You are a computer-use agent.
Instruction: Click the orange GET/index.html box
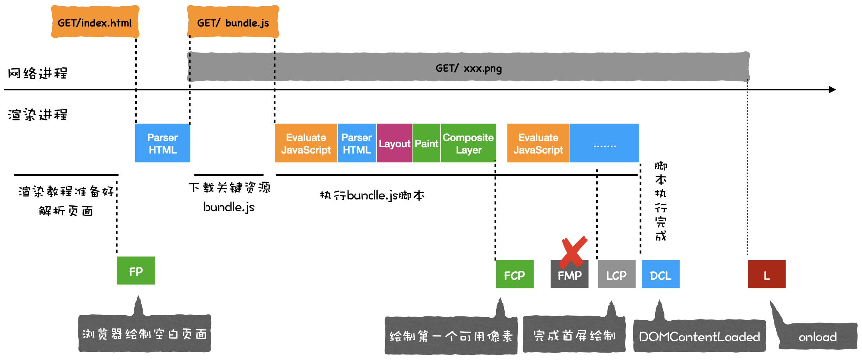[x=95, y=22]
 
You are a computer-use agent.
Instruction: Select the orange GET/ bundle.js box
[x=233, y=22]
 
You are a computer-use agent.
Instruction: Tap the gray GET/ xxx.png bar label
[x=468, y=68]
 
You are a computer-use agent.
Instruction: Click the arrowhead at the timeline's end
[x=832, y=90]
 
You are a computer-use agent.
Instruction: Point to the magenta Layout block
[x=394, y=143]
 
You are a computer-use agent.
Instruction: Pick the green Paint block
[x=426, y=143]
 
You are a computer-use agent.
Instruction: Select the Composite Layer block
[x=468, y=143]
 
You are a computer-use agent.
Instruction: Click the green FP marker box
[x=136, y=271]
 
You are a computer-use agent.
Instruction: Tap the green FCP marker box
[x=514, y=275]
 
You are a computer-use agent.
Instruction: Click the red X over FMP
[x=573, y=251]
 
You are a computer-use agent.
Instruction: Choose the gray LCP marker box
[x=616, y=275]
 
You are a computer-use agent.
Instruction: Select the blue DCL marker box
[x=660, y=275]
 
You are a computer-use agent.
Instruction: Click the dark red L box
[x=766, y=275]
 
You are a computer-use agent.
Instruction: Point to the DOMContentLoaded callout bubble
[x=699, y=336]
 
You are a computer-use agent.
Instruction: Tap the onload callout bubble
[x=818, y=336]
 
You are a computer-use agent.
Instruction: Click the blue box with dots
[x=604, y=143]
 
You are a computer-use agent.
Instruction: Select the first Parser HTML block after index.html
[x=163, y=143]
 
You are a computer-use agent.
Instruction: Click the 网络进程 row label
[x=37, y=73]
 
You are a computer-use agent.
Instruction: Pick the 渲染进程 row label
[x=37, y=115]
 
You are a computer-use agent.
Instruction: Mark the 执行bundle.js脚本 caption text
[x=372, y=195]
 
